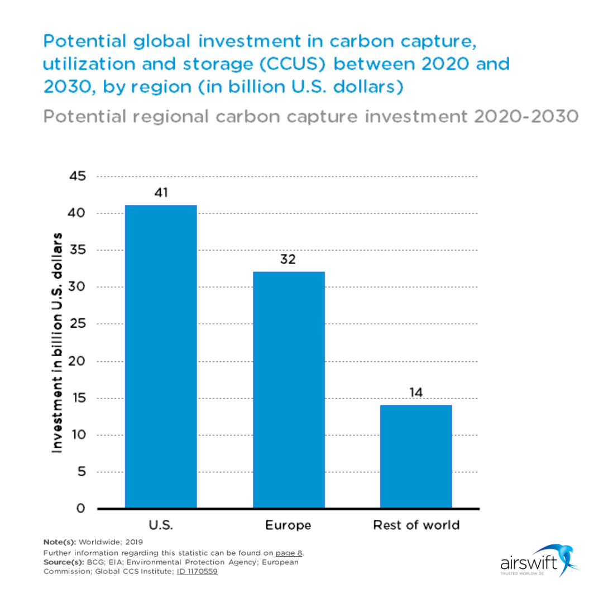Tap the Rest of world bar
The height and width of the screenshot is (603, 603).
click(415, 456)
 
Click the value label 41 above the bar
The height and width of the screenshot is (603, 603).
click(161, 193)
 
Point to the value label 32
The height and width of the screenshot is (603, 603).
click(288, 260)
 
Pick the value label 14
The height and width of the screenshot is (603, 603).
click(415, 392)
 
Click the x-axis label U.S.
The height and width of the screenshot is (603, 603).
click(161, 525)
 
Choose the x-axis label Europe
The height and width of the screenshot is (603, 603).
click(288, 525)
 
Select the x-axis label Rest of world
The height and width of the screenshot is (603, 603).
click(415, 525)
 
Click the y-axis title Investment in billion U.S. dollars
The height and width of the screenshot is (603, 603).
click(57, 341)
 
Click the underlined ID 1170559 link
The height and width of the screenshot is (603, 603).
click(197, 572)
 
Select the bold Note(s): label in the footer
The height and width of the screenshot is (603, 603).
click(60, 542)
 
